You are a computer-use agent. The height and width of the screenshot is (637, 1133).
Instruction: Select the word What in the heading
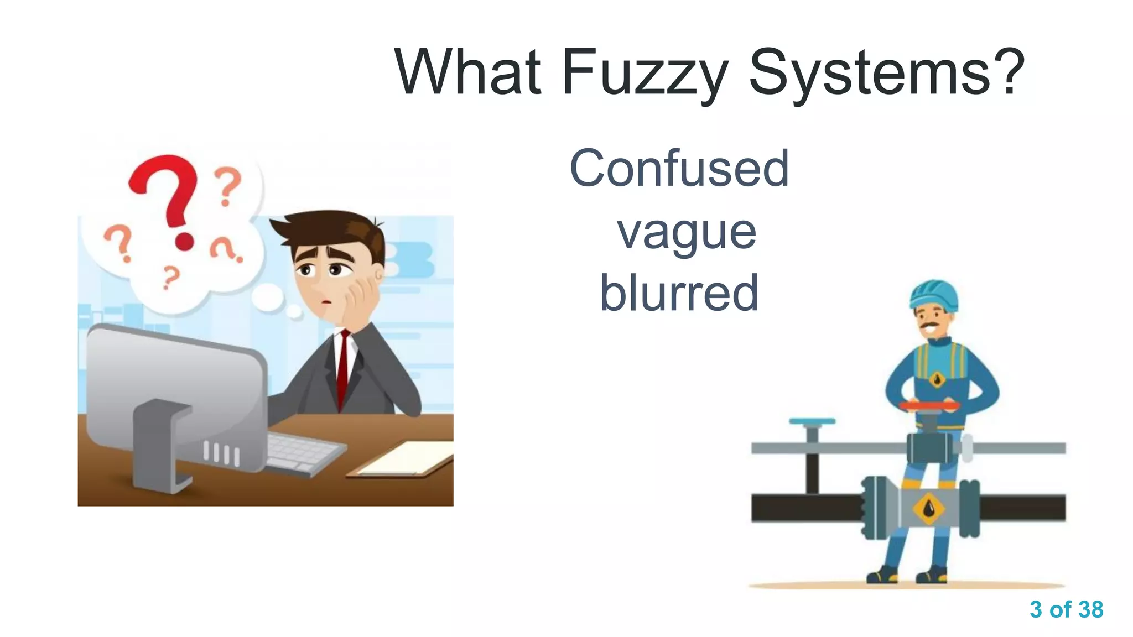click(468, 72)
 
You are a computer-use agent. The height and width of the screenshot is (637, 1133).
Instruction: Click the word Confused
click(679, 168)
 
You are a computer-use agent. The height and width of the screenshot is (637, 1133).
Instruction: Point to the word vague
click(687, 232)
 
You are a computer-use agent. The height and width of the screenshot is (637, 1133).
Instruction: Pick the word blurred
click(679, 293)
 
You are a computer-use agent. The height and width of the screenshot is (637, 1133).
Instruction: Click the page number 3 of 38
click(1066, 609)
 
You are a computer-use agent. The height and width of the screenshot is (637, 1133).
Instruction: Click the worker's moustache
click(930, 325)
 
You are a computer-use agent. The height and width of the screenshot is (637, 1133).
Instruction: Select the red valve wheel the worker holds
click(929, 407)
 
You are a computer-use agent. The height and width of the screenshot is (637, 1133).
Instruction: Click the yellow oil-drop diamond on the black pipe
click(929, 507)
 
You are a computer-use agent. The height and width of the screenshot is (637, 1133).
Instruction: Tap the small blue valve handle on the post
click(812, 422)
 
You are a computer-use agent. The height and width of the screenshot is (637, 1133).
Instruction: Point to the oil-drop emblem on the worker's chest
click(937, 379)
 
